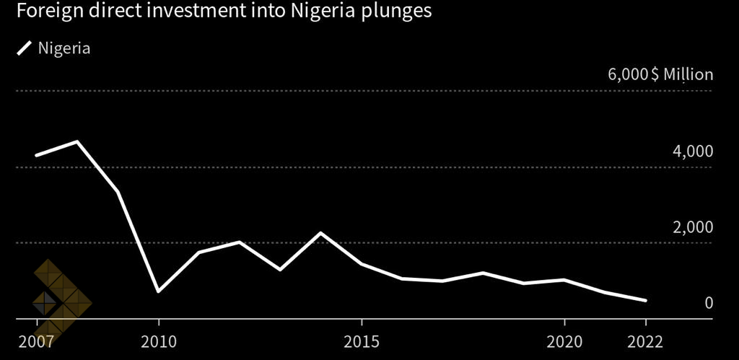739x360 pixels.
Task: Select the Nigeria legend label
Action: (x=64, y=49)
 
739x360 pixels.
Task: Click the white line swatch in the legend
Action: (x=25, y=49)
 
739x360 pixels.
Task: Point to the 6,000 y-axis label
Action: (x=627, y=75)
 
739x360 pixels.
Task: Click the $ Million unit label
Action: (x=682, y=75)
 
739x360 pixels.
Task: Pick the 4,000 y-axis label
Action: (x=693, y=152)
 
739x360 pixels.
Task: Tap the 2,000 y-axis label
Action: (x=693, y=228)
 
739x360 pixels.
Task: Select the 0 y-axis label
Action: (x=709, y=303)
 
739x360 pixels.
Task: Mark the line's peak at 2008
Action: (x=77, y=141)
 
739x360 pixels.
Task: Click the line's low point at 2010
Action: (x=158, y=291)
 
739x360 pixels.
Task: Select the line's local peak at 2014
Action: (x=320, y=233)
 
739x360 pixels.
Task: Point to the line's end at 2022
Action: (x=645, y=300)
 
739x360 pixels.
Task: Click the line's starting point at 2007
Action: (x=36, y=155)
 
